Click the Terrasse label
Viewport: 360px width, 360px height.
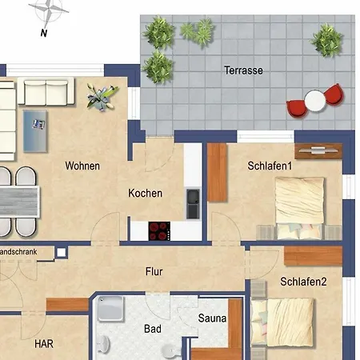click(243, 70)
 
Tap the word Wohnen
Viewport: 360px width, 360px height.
click(82, 166)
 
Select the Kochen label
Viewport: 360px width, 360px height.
click(146, 193)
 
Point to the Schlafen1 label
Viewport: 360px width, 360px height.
click(270, 166)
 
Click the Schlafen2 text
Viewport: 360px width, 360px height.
click(303, 282)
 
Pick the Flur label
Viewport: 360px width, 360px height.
click(154, 271)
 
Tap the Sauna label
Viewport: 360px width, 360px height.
click(212, 318)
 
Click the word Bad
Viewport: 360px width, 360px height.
click(153, 329)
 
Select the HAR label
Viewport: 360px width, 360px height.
click(44, 344)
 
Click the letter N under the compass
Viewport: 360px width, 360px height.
click(44, 33)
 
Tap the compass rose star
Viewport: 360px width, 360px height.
click(49, 10)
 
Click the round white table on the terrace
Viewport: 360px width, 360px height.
click(315, 101)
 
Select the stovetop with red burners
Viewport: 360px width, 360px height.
click(159, 231)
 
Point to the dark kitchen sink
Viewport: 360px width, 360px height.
click(193, 204)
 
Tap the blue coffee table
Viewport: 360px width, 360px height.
click(35, 131)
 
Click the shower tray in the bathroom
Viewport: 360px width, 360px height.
click(110, 309)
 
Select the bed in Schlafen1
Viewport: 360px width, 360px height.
click(300, 209)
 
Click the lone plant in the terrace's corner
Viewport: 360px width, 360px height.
click(326, 40)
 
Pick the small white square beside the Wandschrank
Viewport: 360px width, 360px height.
click(62, 252)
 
